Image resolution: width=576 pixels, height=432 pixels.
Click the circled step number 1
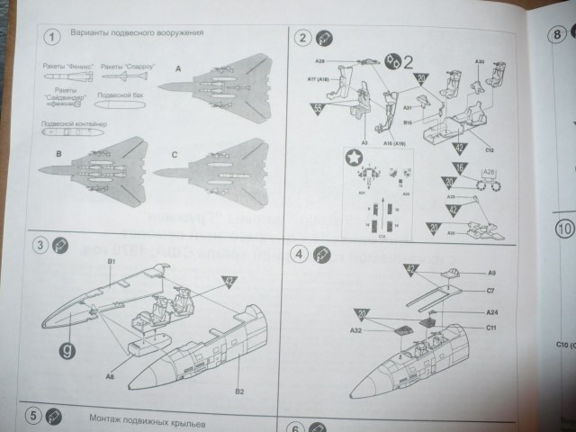pyautogui.click(x=53, y=36)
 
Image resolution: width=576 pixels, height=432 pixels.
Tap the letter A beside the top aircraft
pyautogui.click(x=178, y=68)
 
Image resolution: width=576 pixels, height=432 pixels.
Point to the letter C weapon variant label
pyautogui.click(x=174, y=155)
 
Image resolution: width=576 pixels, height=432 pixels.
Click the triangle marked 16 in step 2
pyautogui.click(x=460, y=168)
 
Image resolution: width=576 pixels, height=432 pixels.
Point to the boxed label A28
pyautogui.click(x=489, y=172)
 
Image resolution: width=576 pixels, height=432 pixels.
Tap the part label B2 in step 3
pyautogui.click(x=240, y=366)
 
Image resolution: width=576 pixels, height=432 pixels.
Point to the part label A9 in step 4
pyautogui.click(x=491, y=272)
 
